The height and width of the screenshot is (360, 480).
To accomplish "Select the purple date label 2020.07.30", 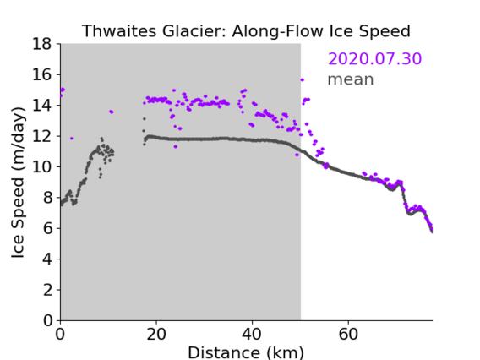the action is click(374, 58).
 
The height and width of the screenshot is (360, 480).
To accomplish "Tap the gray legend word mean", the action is click(351, 79).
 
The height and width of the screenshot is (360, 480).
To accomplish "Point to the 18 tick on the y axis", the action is click(42, 44).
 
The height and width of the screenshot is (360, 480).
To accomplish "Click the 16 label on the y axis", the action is click(42, 74).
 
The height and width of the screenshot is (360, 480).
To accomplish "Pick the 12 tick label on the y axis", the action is click(42, 136).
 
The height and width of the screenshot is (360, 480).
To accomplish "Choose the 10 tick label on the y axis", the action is click(42, 167).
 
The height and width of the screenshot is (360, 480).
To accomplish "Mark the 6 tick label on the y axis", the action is click(47, 228).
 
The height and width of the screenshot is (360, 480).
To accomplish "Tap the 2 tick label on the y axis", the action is click(47, 290).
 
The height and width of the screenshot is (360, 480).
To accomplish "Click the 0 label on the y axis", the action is click(47, 321).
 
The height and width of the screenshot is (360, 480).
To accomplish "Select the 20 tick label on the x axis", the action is click(156, 335).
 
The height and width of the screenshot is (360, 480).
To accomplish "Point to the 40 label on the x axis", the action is click(252, 335).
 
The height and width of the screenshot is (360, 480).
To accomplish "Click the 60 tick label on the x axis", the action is click(348, 335).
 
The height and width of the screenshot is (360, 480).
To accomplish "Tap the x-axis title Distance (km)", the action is click(246, 352).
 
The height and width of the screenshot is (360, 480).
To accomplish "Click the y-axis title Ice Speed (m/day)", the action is click(18, 183).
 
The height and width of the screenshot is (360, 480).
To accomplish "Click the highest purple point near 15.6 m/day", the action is click(303, 80).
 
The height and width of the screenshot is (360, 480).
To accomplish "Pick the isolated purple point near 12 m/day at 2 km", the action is click(72, 139).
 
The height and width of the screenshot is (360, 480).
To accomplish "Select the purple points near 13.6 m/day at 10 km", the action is click(111, 112).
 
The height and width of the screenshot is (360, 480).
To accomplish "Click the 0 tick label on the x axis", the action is click(60, 335).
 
